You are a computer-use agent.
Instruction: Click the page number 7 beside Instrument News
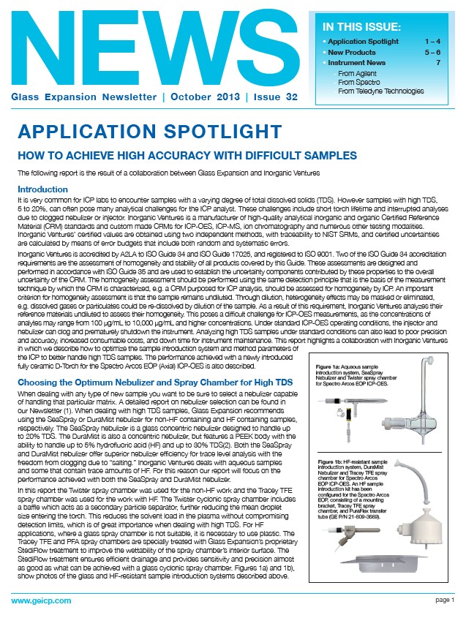437,64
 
